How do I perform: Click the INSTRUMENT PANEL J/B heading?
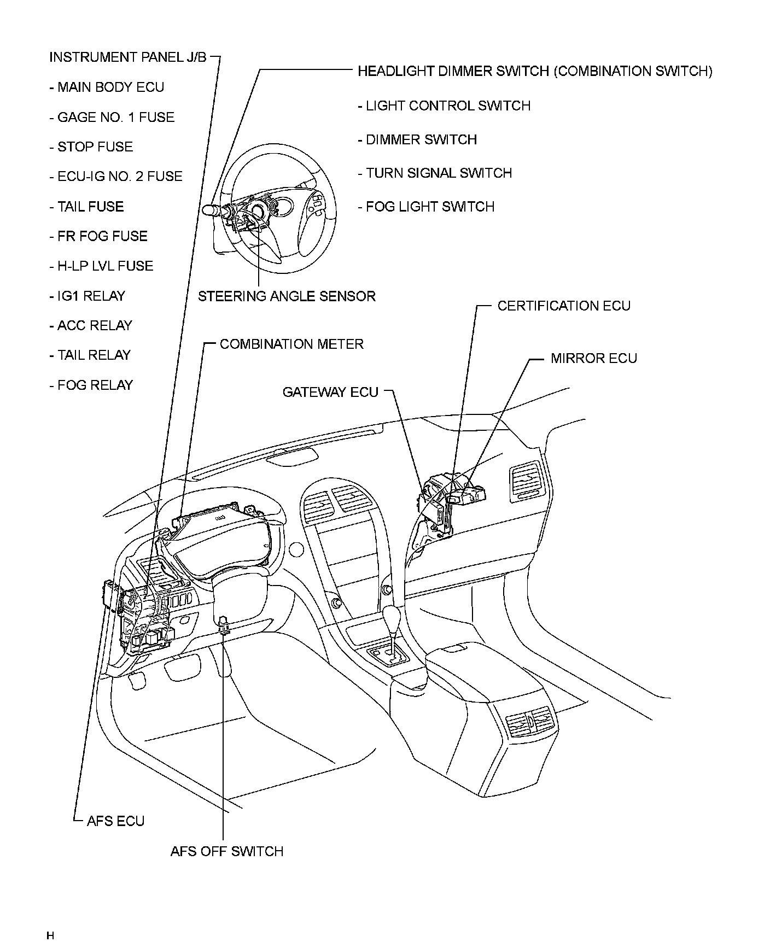(x=128, y=57)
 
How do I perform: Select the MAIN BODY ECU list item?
(x=107, y=87)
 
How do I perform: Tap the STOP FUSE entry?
(x=91, y=147)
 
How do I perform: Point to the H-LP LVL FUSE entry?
(x=102, y=266)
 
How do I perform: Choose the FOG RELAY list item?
(x=91, y=385)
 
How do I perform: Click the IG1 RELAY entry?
(x=87, y=296)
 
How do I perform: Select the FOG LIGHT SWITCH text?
(x=426, y=207)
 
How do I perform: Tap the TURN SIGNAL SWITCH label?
(x=435, y=173)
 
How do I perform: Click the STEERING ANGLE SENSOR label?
(x=287, y=296)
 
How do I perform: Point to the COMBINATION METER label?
(x=291, y=344)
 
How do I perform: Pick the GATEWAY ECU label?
(x=330, y=392)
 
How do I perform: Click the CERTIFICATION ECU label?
(x=564, y=306)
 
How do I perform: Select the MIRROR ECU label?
(x=593, y=358)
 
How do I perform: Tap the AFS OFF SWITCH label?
(x=226, y=851)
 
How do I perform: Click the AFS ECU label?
(x=115, y=821)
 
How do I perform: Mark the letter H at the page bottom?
(x=50, y=935)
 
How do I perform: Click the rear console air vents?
(x=530, y=721)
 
